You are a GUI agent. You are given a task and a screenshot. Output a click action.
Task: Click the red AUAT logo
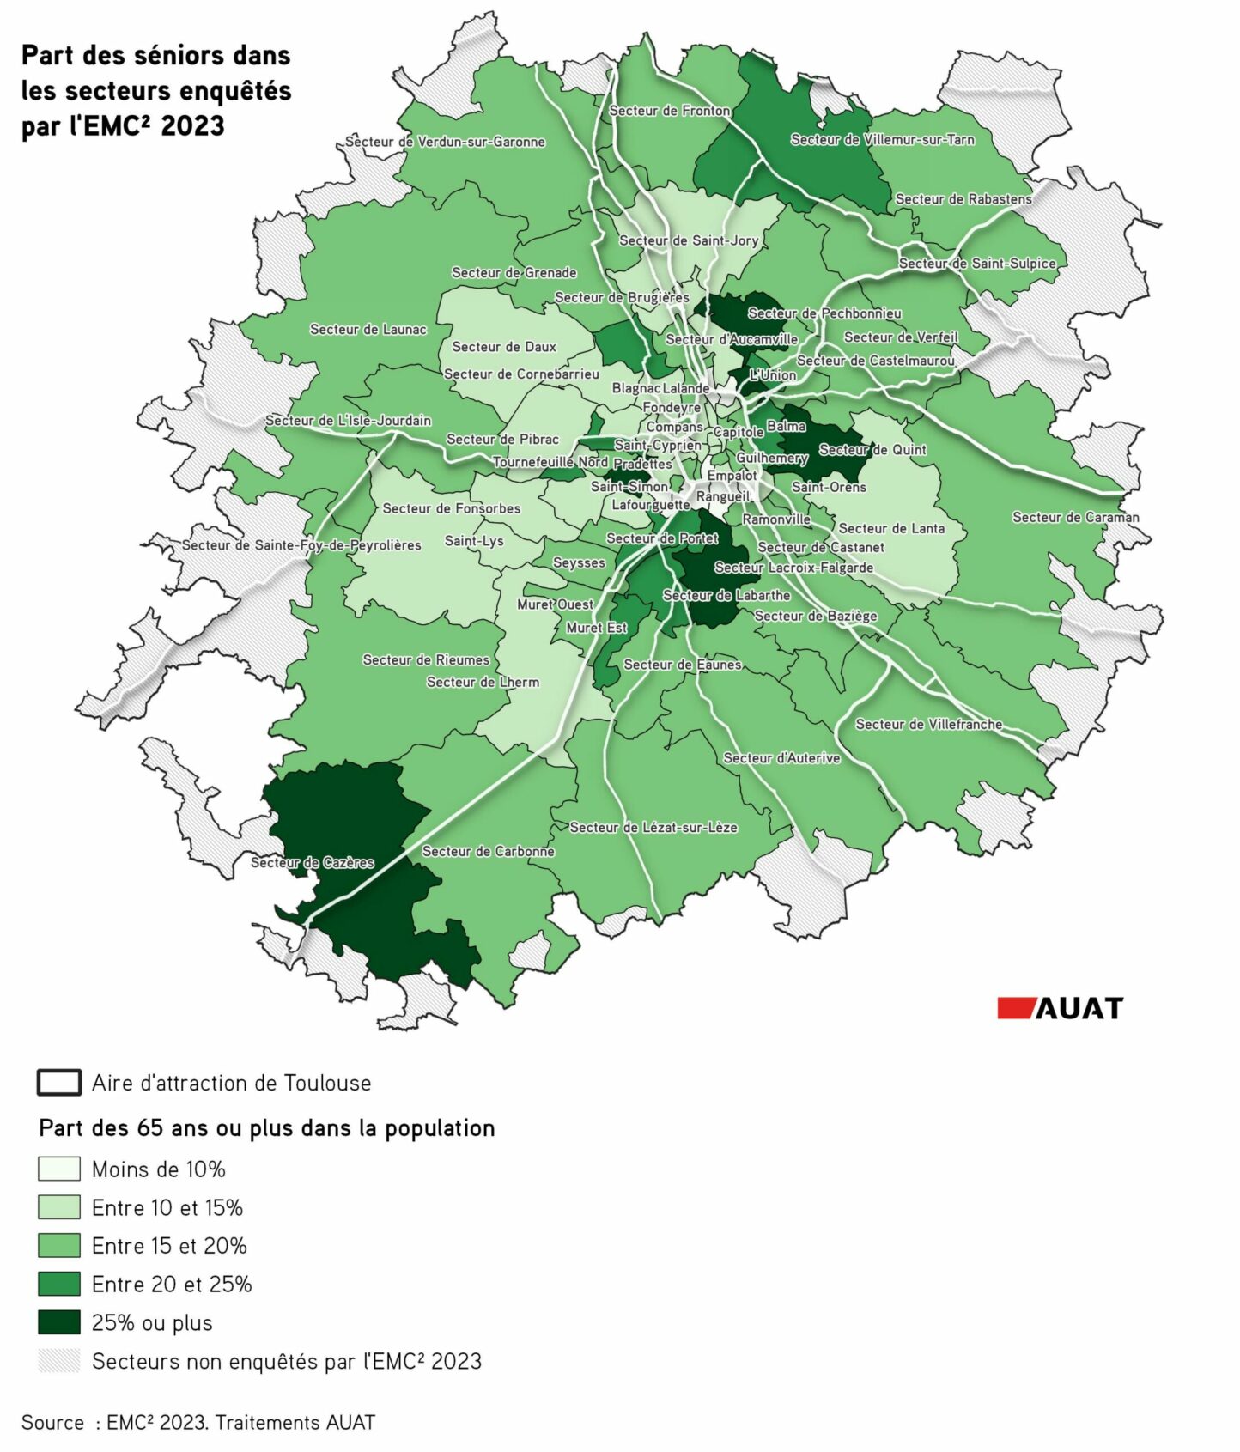[1060, 1007]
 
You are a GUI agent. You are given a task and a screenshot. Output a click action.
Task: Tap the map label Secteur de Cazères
[313, 862]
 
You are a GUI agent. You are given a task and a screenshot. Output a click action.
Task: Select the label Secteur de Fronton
[669, 111]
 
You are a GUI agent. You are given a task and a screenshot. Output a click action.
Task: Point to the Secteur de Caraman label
[1075, 517]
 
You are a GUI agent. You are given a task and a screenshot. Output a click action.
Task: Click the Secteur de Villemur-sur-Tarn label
[882, 139]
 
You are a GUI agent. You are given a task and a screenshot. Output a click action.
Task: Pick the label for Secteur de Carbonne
[488, 851]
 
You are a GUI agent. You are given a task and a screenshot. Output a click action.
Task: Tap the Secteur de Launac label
[368, 329]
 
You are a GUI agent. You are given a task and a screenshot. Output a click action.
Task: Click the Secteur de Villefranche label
[928, 724]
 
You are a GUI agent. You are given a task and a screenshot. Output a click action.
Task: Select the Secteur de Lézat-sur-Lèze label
[653, 827]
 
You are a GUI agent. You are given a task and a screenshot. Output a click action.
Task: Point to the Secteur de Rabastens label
[963, 199]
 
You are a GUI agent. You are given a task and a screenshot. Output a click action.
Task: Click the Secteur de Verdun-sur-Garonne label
[445, 142]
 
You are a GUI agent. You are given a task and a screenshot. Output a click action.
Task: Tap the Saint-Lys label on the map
[474, 541]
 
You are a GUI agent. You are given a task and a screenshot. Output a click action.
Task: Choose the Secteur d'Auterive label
[781, 757]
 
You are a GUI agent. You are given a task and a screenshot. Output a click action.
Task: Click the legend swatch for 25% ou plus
[59, 1322]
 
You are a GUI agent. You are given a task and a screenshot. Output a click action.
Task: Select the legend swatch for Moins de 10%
[59, 1169]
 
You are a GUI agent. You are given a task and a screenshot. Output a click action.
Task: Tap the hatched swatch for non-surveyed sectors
[59, 1361]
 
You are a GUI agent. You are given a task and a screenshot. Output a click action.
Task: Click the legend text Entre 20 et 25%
[172, 1285]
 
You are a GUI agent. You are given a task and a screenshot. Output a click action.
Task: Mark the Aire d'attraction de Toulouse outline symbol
[59, 1082]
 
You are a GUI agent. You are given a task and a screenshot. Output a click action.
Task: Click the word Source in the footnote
[52, 1423]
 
